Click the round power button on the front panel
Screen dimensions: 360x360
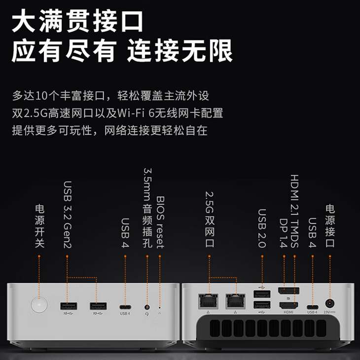(38, 305)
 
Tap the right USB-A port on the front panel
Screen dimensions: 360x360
(98, 306)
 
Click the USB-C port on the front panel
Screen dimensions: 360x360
(125, 306)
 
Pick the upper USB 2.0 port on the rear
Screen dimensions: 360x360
(261, 294)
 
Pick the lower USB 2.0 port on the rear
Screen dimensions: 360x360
(261, 305)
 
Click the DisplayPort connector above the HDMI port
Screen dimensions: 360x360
(287, 293)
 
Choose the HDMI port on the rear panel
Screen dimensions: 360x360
(287, 305)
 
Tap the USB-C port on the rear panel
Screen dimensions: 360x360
(312, 305)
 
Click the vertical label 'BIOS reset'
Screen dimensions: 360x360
(160, 222)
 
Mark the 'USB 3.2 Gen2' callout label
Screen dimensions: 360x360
(68, 214)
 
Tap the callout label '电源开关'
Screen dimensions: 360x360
(39, 225)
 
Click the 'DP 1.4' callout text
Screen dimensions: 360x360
(284, 231)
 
